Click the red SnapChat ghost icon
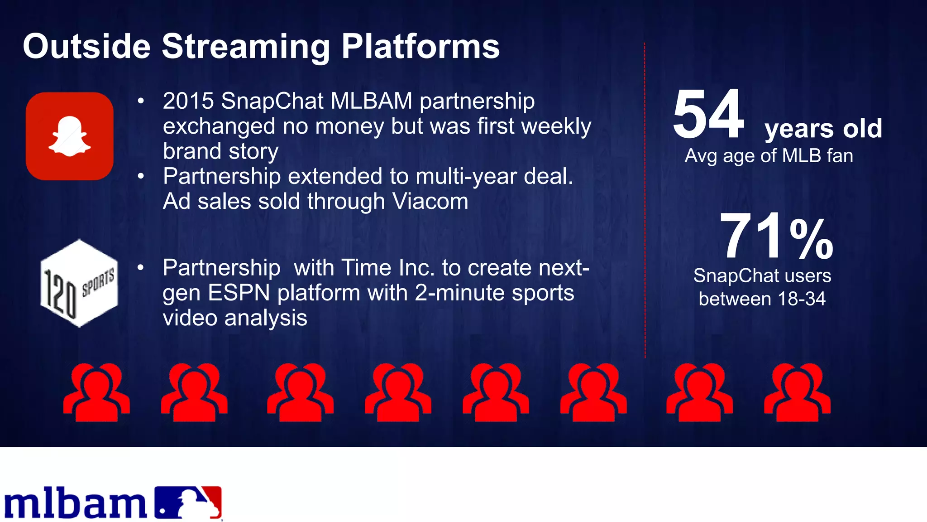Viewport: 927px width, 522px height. (69, 136)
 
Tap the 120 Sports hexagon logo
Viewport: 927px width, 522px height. (79, 283)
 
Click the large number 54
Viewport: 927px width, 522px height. (708, 114)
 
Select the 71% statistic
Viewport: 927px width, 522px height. (776, 237)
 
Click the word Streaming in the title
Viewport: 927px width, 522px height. (246, 47)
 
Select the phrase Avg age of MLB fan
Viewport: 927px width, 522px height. (769, 156)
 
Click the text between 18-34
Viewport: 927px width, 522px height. (762, 299)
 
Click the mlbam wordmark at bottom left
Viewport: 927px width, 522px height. (75, 504)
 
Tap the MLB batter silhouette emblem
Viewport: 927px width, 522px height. (188, 502)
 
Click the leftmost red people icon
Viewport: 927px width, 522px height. (96, 392)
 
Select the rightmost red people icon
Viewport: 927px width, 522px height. (797, 392)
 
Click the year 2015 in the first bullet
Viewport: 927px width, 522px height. (188, 101)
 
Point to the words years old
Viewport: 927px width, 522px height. (823, 129)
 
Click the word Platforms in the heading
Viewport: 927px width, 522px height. (420, 47)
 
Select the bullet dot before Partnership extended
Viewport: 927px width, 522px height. (141, 176)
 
